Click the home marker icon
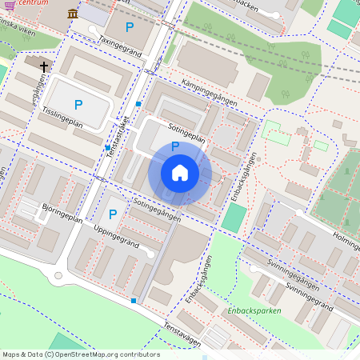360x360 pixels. pyautogui.click(x=180, y=173)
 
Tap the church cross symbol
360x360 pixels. pyautogui.click(x=42, y=67)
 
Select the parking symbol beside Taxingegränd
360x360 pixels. pyautogui.click(x=130, y=27)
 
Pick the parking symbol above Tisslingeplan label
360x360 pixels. pyautogui.click(x=78, y=105)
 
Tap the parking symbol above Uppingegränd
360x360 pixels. pyautogui.click(x=113, y=214)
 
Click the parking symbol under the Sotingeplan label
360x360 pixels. pyautogui.click(x=174, y=146)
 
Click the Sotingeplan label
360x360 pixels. pyautogui.click(x=187, y=132)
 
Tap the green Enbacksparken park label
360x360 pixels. pyautogui.click(x=254, y=310)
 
